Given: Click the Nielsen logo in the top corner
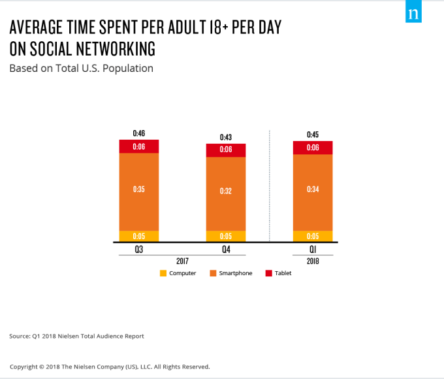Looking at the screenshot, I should [413, 14].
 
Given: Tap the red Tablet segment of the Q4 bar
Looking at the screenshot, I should [226, 150].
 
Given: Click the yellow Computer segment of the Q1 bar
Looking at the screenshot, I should [313, 237].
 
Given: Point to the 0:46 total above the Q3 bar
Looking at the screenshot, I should [138, 133].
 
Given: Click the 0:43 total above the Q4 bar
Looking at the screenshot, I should [226, 137].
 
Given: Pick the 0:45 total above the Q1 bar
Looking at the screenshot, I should [313, 135].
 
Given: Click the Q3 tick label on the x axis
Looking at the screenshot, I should [138, 249].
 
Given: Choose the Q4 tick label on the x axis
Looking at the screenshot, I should [226, 249].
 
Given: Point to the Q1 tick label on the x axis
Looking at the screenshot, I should [313, 249].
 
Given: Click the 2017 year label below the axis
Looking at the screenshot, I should [182, 260].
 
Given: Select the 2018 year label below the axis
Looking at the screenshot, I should [313, 260].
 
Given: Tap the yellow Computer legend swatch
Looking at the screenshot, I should [163, 273].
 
